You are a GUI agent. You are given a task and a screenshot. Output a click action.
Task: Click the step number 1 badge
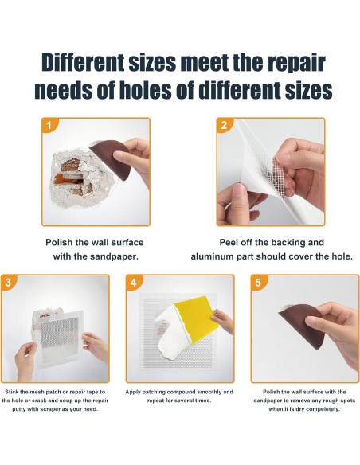point(49,125)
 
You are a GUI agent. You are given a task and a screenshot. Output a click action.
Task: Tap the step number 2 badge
point(224,125)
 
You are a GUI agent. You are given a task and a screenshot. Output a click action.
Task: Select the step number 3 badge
point(8,282)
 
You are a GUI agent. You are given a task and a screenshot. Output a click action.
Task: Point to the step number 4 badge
point(134,282)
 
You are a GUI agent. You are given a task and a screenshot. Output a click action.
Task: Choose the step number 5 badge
point(258,282)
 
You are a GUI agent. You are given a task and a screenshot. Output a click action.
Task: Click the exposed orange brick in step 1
point(61,179)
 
